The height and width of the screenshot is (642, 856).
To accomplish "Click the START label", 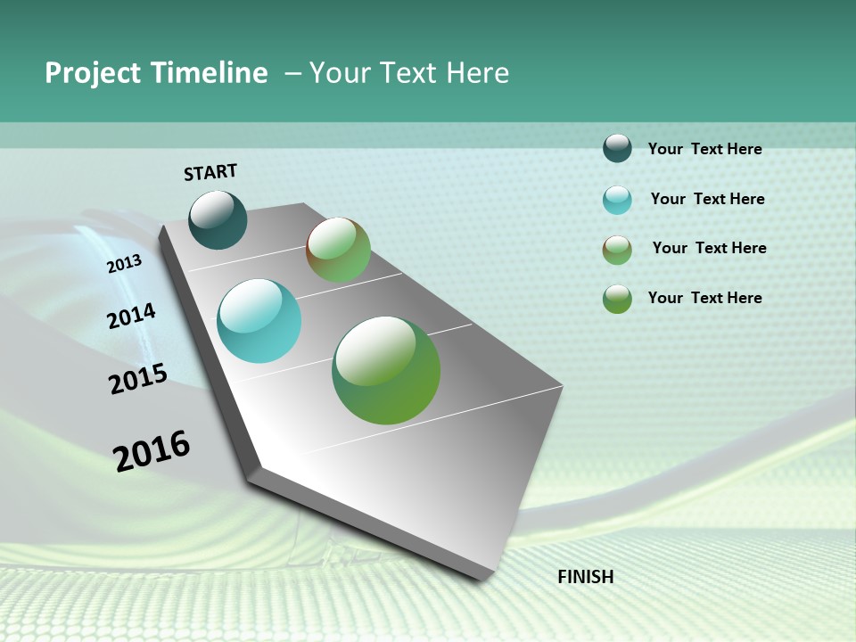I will pyautogui.click(x=210, y=172).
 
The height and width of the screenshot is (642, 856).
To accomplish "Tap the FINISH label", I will pyautogui.click(x=585, y=577).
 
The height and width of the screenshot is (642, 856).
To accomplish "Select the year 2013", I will pyautogui.click(x=124, y=264).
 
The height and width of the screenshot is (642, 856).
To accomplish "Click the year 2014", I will pyautogui.click(x=131, y=317).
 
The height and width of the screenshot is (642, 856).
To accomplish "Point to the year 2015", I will pyautogui.click(x=138, y=379).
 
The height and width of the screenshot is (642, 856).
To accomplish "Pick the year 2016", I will pyautogui.click(x=152, y=451).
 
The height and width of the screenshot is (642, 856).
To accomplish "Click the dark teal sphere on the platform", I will pyautogui.click(x=218, y=220).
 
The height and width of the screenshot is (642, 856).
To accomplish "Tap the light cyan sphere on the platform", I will pyautogui.click(x=259, y=321).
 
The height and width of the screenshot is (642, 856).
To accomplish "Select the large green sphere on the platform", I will pyautogui.click(x=386, y=370).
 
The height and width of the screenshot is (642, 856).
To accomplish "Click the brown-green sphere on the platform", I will pyautogui.click(x=338, y=250).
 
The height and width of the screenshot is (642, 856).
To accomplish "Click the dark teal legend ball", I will pyautogui.click(x=617, y=148).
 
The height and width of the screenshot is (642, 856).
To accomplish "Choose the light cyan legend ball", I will pyautogui.click(x=617, y=200).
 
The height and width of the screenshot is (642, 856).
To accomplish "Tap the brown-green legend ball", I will pyautogui.click(x=617, y=250).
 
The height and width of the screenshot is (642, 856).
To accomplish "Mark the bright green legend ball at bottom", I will pyautogui.click(x=617, y=299).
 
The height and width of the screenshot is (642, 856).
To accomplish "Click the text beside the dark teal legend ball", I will pyautogui.click(x=704, y=149).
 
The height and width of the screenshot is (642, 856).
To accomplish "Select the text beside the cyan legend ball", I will pyautogui.click(x=707, y=199).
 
